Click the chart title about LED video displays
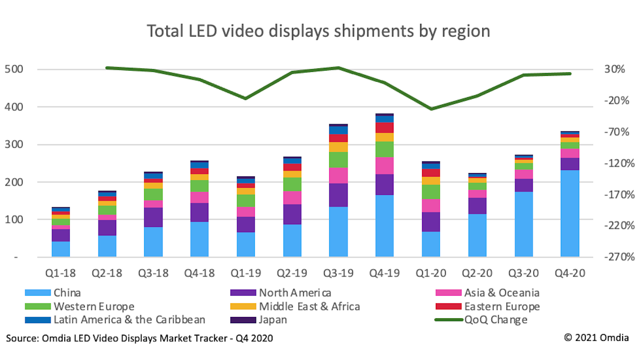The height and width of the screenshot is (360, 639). click(x=318, y=31)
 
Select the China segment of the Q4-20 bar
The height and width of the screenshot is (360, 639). click(x=570, y=213)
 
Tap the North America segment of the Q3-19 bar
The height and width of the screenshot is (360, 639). click(x=338, y=195)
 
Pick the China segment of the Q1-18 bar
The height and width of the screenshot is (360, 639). click(x=61, y=249)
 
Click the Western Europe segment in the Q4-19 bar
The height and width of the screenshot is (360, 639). click(x=384, y=149)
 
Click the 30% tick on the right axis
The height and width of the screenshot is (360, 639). click(x=615, y=70)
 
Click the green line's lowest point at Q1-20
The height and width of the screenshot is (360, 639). click(x=430, y=109)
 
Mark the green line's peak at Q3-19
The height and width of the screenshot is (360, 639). click(x=338, y=67)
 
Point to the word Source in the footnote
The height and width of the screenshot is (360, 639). click(x=22, y=338)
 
